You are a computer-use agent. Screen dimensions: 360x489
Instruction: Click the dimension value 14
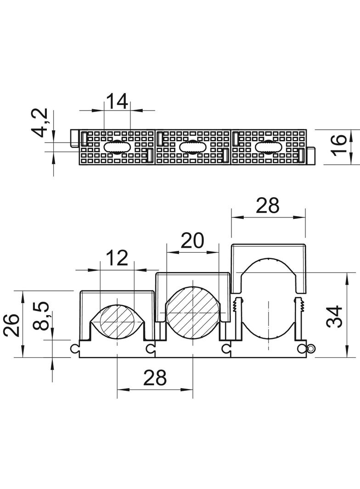coord(117,101)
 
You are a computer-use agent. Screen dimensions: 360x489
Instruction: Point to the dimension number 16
coord(338,144)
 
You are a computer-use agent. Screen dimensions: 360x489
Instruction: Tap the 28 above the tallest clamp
coord(268,206)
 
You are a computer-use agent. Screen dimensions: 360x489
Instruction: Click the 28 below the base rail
coord(155,378)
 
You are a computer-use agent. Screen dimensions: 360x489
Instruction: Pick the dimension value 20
coord(192,240)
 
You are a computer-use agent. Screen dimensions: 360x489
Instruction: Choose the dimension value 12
coord(117,258)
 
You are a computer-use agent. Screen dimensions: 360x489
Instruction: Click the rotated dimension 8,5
coord(40,316)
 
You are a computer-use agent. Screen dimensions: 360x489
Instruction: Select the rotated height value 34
coord(334,317)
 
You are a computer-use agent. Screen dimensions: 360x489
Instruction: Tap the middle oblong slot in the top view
coord(193,147)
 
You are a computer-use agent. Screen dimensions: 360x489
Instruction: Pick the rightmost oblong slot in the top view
coord(268,147)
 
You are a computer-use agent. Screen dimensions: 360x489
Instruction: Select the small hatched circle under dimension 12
coord(117,321)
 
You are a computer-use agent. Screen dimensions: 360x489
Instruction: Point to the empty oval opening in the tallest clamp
coord(268,298)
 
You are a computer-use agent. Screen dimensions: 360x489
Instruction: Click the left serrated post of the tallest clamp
coord(239,318)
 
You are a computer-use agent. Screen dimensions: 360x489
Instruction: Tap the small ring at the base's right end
coord(311,348)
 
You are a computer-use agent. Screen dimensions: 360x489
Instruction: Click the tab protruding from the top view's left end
coord(74,138)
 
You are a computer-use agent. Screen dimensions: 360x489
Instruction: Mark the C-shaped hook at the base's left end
coord(75,349)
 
